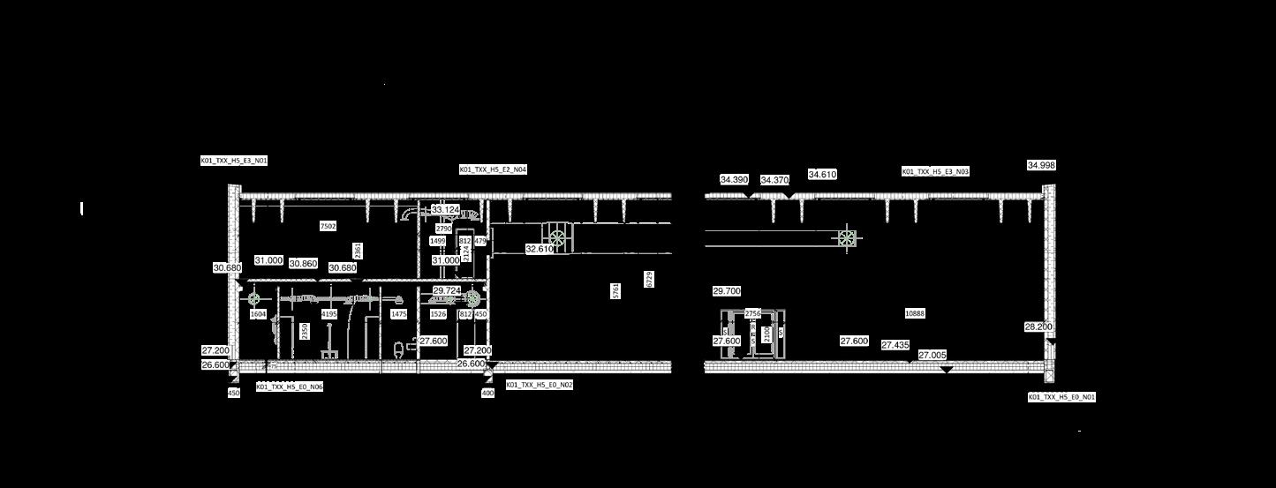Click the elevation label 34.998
[x=1041, y=165]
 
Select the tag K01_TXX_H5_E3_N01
[x=234, y=161]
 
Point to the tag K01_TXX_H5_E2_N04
[x=493, y=169]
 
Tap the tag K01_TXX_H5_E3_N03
[x=935, y=171]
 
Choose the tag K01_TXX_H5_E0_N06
[x=290, y=387]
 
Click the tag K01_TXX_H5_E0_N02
[x=540, y=385]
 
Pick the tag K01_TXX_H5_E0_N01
[x=1061, y=397]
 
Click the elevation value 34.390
[x=734, y=179]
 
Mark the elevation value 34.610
[x=822, y=175]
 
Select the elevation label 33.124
[x=445, y=210]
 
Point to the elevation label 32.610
[x=539, y=250]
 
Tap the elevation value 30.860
[x=303, y=264]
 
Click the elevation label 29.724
[x=446, y=290]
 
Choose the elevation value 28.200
[x=1038, y=327]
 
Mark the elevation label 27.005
[x=932, y=355]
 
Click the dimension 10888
[x=915, y=313]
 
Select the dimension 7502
[x=328, y=227]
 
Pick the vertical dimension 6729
[x=649, y=279]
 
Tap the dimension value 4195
[x=329, y=314]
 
